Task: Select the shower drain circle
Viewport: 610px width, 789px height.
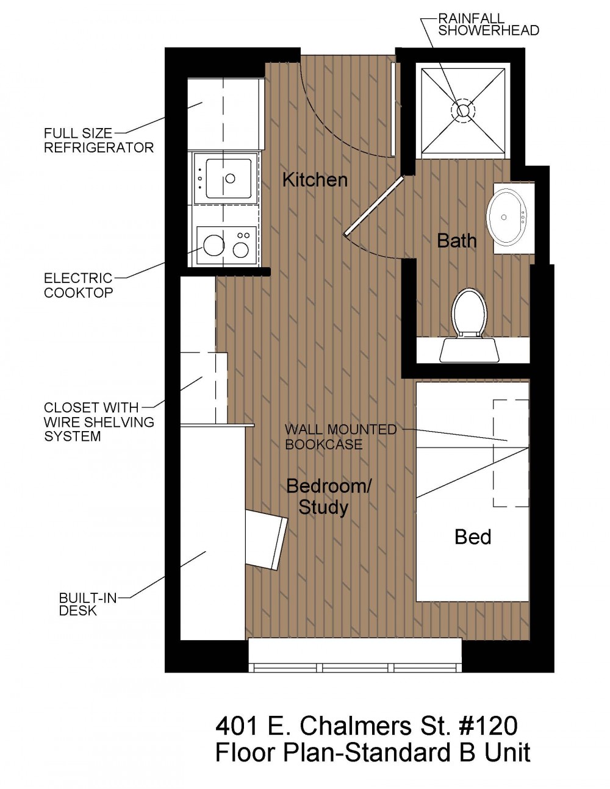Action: coord(462,110)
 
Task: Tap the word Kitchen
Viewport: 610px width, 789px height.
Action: coord(315,180)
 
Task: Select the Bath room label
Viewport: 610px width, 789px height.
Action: coord(457,241)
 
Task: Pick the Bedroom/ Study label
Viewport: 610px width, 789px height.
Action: coord(328,497)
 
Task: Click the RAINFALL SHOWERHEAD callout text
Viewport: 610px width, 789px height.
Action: coord(489,24)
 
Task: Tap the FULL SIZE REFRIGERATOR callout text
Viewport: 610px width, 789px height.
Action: coord(99,140)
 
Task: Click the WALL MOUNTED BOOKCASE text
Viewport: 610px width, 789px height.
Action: coord(340,437)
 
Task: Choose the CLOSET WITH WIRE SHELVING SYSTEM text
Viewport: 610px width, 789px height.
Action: coord(99,422)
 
